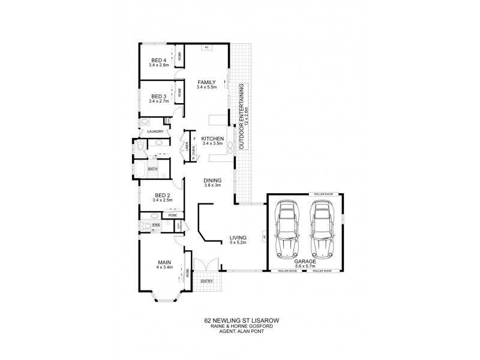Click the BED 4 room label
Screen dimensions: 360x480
tap(158, 60)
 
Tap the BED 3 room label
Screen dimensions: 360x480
tap(158, 96)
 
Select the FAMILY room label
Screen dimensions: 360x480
tap(206, 82)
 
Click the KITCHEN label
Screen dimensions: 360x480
tap(212, 138)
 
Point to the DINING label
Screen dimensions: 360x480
tap(212, 180)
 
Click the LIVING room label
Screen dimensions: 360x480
tap(238, 239)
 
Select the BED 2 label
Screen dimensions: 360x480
tap(160, 196)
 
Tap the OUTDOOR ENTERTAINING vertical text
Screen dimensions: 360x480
tap(242, 116)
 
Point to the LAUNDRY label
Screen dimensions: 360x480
tap(155, 131)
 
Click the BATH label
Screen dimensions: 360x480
tap(153, 169)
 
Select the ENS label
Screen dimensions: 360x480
tap(155, 225)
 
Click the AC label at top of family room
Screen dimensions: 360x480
tap(206, 47)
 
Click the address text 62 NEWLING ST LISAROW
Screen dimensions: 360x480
tap(241, 321)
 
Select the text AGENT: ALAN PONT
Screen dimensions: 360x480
tap(241, 333)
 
